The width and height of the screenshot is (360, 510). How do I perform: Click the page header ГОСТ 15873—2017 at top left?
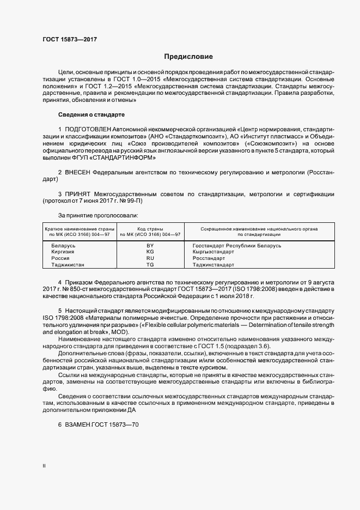(x=70, y=40)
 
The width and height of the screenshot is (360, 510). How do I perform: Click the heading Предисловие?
(x=188, y=57)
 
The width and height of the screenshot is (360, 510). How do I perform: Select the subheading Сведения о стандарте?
(x=91, y=115)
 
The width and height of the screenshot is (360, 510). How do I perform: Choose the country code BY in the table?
(x=150, y=246)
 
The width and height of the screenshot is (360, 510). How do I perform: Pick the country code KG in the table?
(x=150, y=252)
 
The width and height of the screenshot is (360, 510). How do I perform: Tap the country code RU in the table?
(x=150, y=258)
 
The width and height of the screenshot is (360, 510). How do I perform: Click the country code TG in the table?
(x=150, y=265)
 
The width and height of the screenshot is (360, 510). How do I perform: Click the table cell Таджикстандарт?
(x=213, y=265)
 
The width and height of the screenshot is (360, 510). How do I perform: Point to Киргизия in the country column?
(x=63, y=252)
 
